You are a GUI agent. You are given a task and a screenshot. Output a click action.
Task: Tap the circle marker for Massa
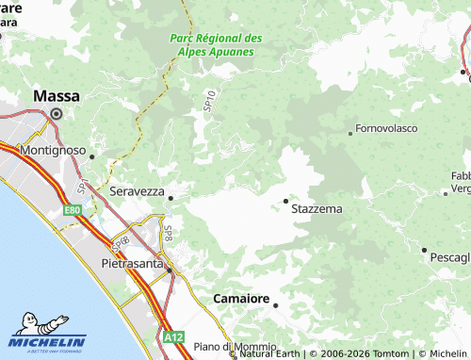click(x=56, y=114)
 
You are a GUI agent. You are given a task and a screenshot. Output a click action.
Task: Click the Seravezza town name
click(x=138, y=190)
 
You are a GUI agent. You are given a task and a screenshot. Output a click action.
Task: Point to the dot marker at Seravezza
click(x=171, y=198)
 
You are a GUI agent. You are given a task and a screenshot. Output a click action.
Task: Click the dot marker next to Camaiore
click(x=276, y=304)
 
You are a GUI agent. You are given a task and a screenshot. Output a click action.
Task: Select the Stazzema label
click(x=317, y=207)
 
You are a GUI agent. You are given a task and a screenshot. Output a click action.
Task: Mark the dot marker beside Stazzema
click(x=285, y=200)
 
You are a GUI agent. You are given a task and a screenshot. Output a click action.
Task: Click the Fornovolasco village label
click(x=386, y=128)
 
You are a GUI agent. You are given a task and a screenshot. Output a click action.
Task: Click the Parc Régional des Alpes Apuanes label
click(x=216, y=44)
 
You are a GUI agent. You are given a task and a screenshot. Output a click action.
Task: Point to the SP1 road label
click(x=85, y=186)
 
